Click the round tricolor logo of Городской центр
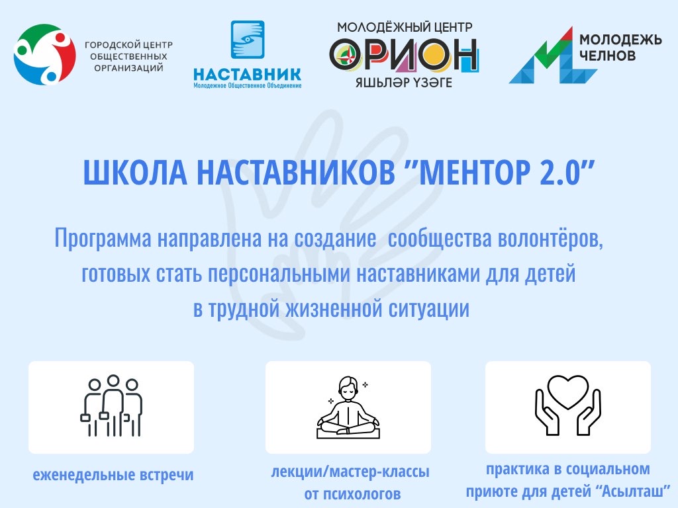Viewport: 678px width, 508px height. click(44, 54)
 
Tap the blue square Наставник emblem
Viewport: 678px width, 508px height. click(248, 39)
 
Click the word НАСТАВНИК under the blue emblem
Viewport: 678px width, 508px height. click(248, 74)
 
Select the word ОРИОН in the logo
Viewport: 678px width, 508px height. click(403, 55)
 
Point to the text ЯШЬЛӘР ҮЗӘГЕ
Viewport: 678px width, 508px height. click(403, 83)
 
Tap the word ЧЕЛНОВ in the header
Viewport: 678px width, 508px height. click(608, 56)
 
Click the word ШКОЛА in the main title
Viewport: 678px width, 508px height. click(135, 173)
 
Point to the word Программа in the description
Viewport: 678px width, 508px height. click(103, 238)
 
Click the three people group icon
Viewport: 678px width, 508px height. click(111, 405)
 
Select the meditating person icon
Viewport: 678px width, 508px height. click(348, 407)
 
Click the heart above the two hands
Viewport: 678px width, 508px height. click(567, 391)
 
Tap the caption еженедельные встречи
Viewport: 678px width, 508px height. click(113, 475)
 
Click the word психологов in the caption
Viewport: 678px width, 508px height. click(352, 493)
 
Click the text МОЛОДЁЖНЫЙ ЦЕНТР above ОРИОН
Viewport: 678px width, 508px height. click(405, 27)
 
